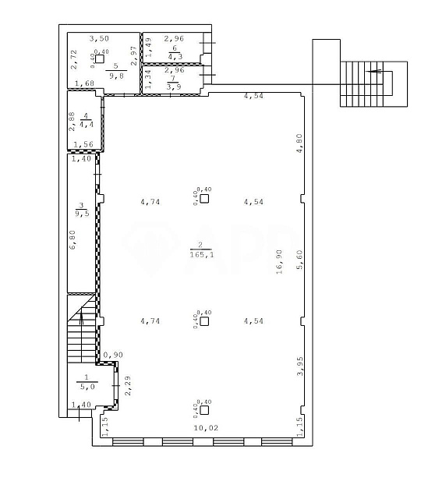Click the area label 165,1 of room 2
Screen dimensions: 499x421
pos(201,254)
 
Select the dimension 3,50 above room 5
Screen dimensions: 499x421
pos(98,37)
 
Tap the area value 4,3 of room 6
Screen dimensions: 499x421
pos(174,56)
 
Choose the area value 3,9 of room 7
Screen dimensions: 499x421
pos(174,87)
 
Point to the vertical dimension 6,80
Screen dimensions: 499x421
pos(73,239)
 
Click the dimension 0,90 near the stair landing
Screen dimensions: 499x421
pos(113,355)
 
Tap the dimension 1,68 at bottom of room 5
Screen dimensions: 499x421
pos(84,83)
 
